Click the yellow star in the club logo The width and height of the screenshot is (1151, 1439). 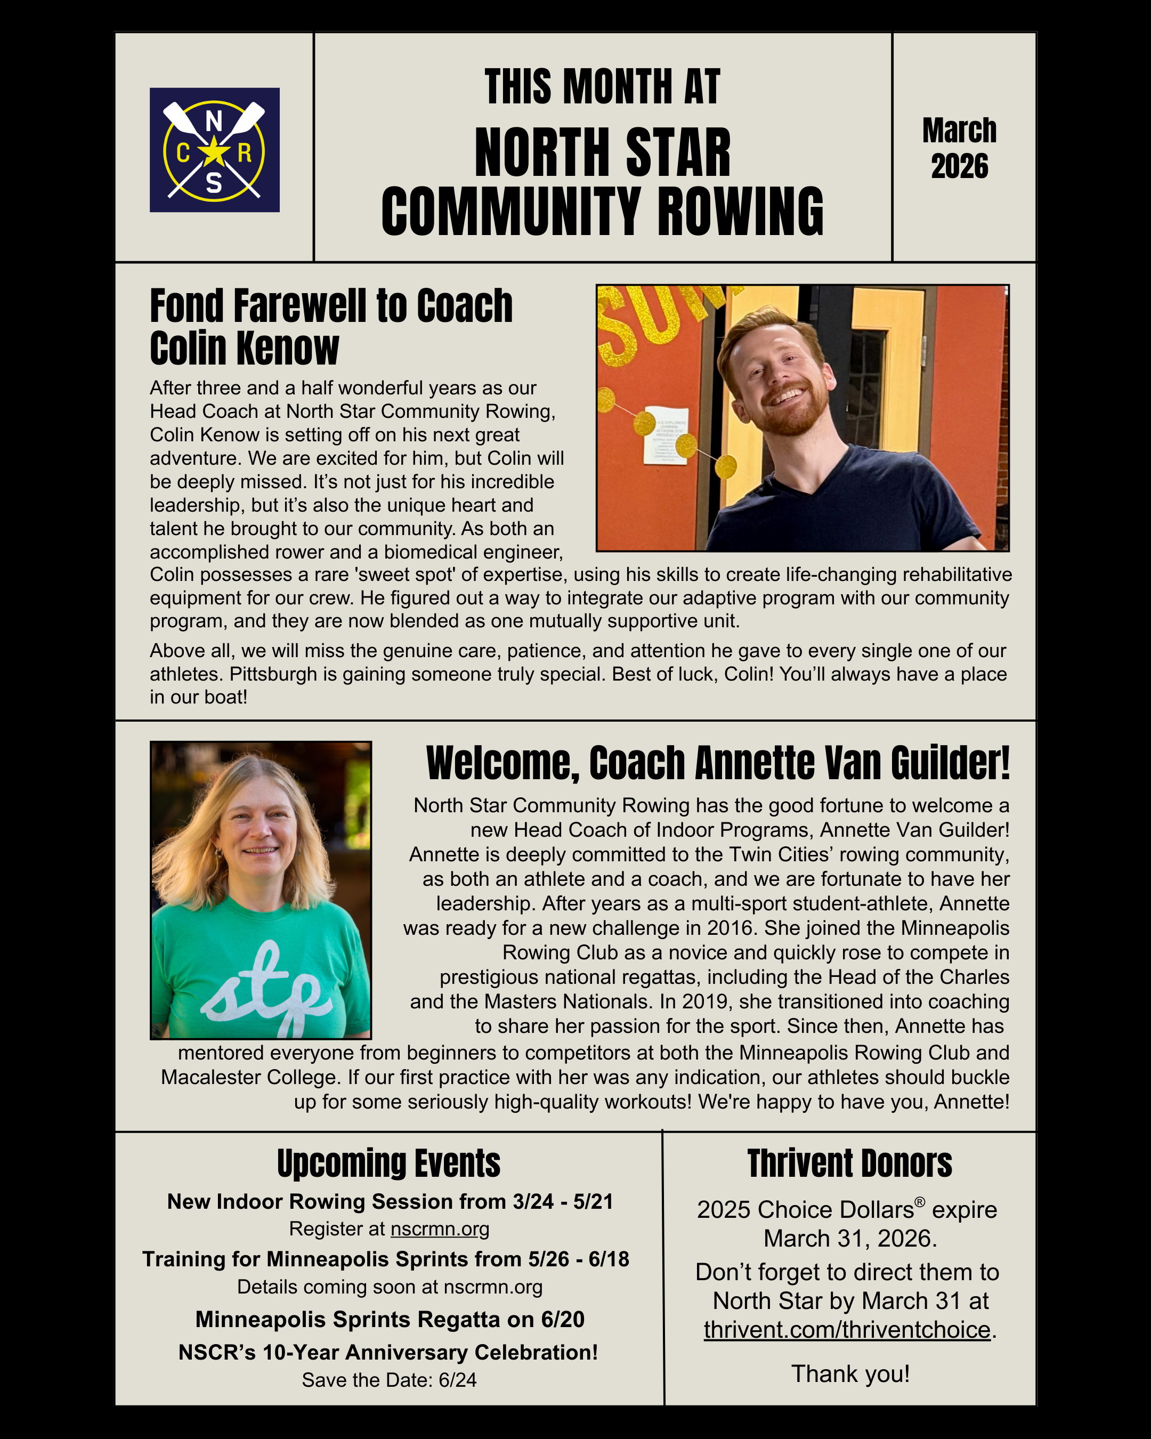(214, 152)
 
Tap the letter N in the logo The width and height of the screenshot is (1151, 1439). (214, 122)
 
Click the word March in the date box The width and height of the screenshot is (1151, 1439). (960, 131)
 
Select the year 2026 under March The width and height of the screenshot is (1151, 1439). (960, 167)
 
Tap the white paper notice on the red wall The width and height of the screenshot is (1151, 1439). (664, 434)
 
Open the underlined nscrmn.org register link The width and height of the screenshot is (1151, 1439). (440, 1229)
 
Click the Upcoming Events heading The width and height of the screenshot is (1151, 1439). (388, 1164)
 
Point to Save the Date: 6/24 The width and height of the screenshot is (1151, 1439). (389, 1380)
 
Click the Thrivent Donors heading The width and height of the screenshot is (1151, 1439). (849, 1164)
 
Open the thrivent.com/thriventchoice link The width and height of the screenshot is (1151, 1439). (847, 1330)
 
